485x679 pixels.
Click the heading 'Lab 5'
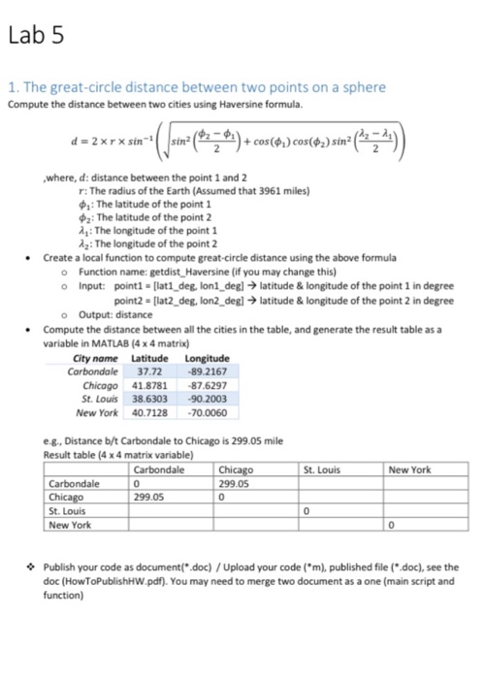35,36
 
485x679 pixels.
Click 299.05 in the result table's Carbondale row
237,483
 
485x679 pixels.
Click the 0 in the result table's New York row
391,525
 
